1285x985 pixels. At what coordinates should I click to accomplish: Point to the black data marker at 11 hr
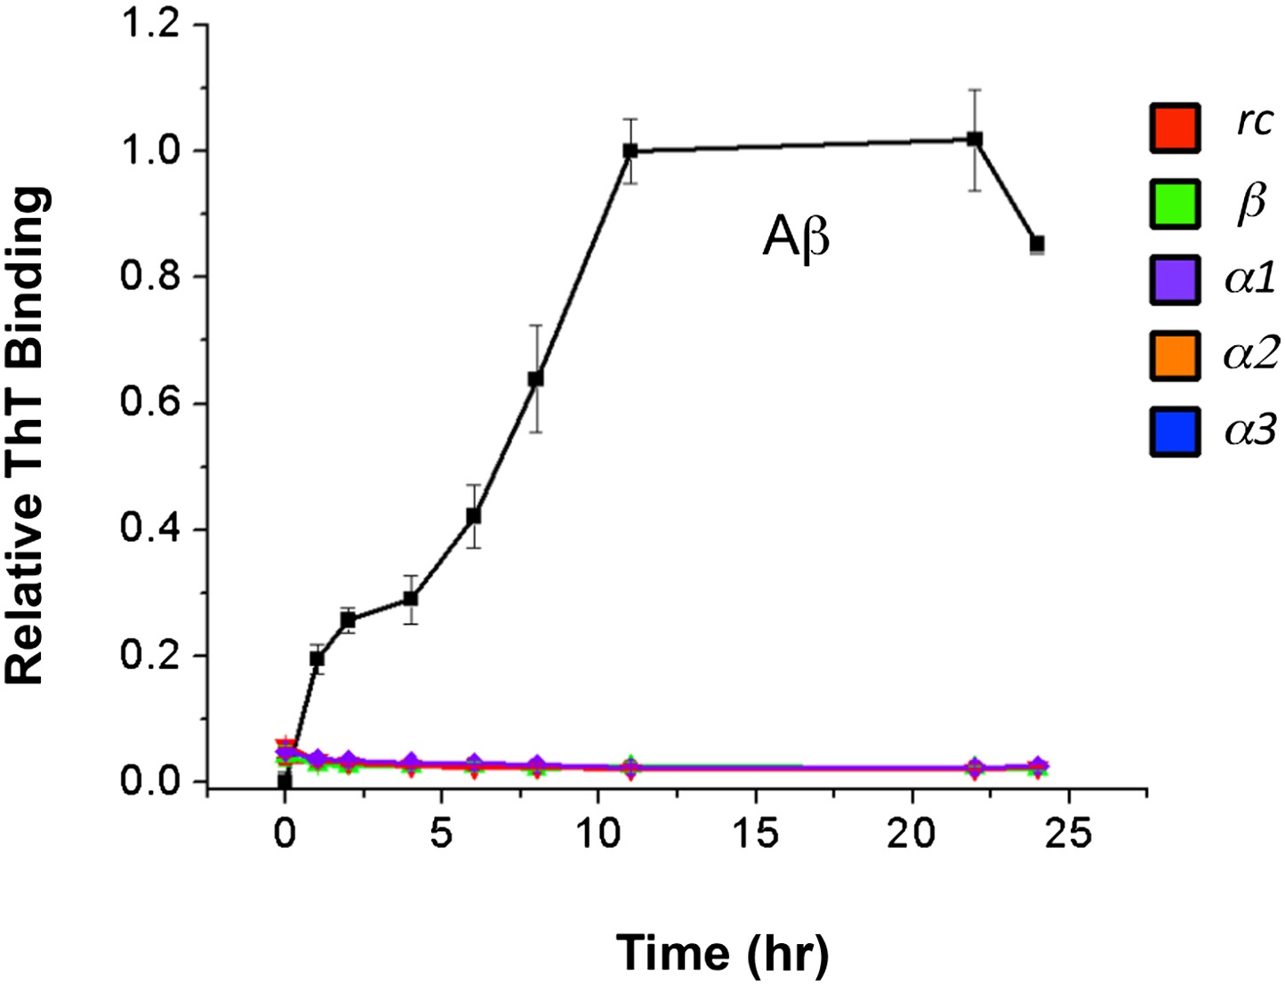[630, 151]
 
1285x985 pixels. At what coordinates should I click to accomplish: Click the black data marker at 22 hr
[975, 140]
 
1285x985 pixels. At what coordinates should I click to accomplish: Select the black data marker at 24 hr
[1037, 244]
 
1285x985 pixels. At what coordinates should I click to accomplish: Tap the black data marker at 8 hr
[536, 379]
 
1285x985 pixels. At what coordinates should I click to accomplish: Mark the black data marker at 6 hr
[474, 516]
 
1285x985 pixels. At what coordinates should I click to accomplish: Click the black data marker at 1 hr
[317, 659]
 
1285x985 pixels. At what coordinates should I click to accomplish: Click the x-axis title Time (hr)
[722, 953]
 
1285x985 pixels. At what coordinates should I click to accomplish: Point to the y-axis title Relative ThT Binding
[26, 436]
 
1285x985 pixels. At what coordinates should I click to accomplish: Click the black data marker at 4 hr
[411, 599]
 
